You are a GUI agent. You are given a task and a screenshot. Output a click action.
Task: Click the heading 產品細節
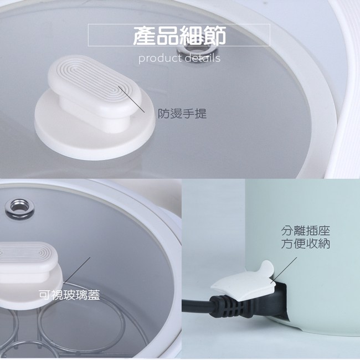click(x=179, y=35)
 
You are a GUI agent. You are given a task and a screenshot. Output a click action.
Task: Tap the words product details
click(x=179, y=58)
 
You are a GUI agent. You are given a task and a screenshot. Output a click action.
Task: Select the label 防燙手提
click(x=182, y=114)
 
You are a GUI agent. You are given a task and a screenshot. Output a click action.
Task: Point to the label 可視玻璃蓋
click(x=69, y=295)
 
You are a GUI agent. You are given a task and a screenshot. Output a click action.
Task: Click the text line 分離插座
click(x=306, y=231)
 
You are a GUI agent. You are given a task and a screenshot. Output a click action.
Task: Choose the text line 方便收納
click(x=306, y=243)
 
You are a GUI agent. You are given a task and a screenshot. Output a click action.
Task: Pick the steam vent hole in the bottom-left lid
click(x=20, y=208)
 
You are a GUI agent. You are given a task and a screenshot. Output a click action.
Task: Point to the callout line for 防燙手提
click(x=131, y=99)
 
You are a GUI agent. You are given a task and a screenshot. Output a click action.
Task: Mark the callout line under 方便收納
click(x=284, y=270)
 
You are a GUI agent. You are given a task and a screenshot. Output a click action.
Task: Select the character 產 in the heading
click(x=145, y=35)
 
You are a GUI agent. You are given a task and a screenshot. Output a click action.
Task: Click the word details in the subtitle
click(x=203, y=58)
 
